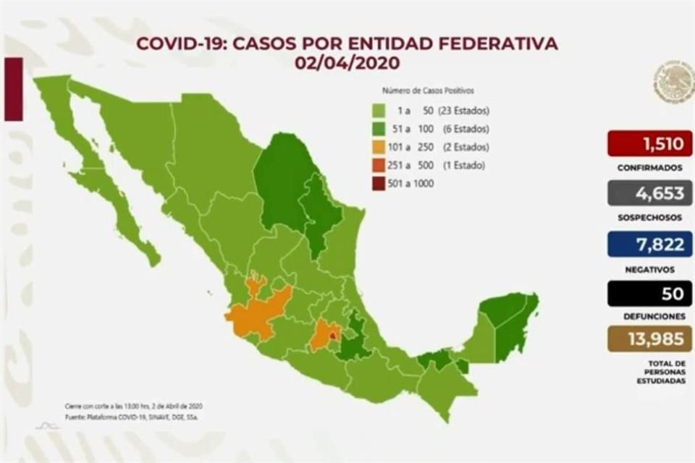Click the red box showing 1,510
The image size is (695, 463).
649,143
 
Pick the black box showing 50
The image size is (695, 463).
649,294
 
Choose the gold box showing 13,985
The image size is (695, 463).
649,338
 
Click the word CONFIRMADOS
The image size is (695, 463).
649,167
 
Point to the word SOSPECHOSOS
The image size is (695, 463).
649,217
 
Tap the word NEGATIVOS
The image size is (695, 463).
649,268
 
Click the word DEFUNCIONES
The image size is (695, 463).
649,316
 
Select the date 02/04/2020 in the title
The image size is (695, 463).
347,63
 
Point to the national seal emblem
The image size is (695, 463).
673,82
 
